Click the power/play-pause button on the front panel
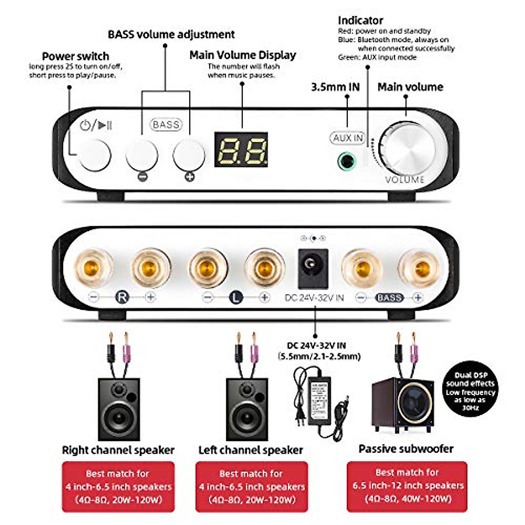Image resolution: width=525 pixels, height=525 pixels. [x=94, y=155]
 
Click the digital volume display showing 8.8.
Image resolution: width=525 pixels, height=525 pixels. [x=241, y=150]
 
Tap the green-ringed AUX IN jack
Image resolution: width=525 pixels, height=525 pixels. [x=346, y=161]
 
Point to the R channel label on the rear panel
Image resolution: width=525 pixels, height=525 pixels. [x=122, y=297]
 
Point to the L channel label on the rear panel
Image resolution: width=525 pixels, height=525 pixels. [x=236, y=298]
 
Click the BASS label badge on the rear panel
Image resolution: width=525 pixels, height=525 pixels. [x=389, y=298]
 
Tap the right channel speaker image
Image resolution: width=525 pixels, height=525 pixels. [x=119, y=409]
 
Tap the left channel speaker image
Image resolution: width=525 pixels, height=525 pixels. [x=247, y=409]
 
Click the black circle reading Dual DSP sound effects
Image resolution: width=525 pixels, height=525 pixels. [x=470, y=388]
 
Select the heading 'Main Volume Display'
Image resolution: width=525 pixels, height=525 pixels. [x=242, y=55]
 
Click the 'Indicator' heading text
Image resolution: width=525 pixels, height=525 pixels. [x=360, y=20]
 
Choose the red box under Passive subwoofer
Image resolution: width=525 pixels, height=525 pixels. [x=407, y=486]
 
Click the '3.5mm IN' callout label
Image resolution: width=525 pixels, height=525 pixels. [x=335, y=87]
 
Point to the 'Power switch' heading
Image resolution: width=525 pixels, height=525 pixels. [x=75, y=56]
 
